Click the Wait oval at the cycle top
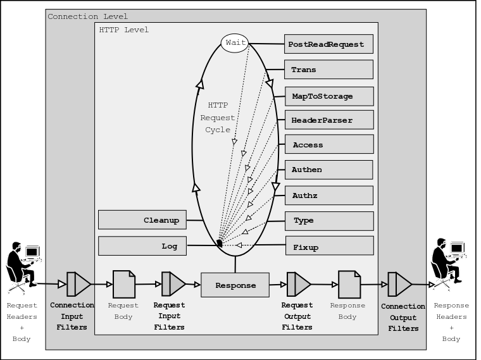[235, 43]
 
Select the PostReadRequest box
[328, 44]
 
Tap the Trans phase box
[328, 70]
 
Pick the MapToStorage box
[328, 96]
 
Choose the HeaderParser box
[328, 120]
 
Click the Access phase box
[328, 145]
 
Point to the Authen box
[328, 170]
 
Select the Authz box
[328, 196]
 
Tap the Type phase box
[328, 221]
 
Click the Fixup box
[328, 246]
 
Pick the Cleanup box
[142, 220]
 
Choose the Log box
[142, 246]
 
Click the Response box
[235, 285]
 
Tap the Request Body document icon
[123, 285]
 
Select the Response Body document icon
[349, 285]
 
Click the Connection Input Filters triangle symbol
[78, 284]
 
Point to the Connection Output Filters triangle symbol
[399, 284]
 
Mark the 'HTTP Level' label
[124, 30]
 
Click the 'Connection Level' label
[87, 16]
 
